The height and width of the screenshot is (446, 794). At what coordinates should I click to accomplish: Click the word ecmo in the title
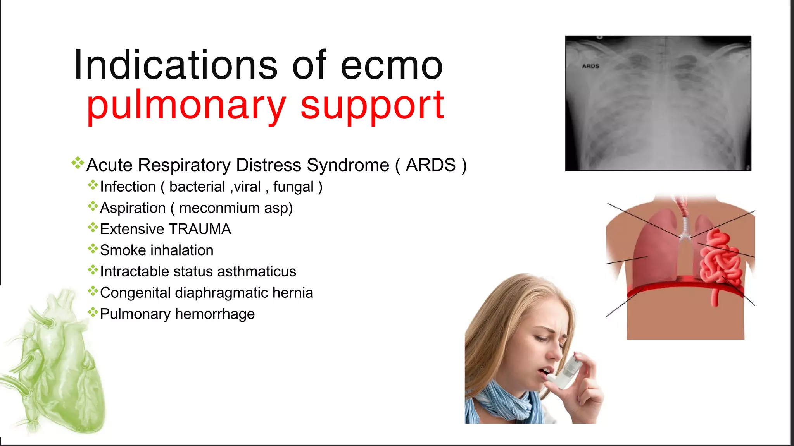392,66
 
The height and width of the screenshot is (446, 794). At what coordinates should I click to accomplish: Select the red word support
372,105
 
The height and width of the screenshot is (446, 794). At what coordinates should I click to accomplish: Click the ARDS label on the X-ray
590,66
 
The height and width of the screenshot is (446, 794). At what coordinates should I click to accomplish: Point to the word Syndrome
348,165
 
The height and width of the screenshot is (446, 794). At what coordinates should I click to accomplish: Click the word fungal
293,187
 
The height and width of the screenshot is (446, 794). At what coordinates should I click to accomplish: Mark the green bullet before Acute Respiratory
78,163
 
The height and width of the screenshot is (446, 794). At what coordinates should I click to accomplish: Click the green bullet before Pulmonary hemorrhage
93,312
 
